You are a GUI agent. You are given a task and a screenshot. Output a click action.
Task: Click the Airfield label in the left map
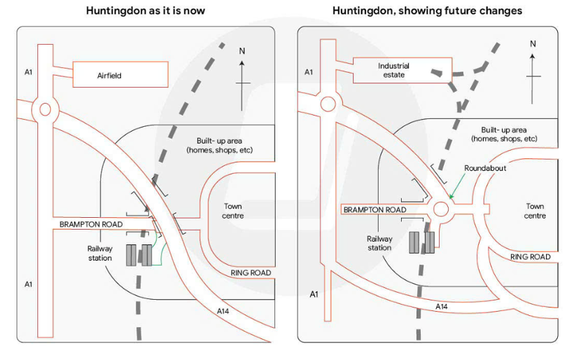109,76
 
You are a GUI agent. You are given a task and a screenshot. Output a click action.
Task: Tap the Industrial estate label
393,70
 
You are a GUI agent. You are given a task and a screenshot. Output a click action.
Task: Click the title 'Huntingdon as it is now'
146,11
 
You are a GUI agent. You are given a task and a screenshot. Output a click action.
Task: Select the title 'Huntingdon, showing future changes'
427,11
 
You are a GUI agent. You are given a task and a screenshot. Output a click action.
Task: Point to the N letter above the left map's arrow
242,51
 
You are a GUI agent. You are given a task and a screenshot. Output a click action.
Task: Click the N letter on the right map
533,43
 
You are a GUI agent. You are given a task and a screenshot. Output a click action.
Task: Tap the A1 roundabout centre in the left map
45,109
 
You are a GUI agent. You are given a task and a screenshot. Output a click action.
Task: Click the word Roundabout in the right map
485,168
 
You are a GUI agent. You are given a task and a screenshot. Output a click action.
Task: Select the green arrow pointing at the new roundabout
457,186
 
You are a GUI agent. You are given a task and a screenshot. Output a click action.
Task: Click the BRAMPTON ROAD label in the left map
91,224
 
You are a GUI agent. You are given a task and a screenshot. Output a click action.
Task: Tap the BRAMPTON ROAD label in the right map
375,210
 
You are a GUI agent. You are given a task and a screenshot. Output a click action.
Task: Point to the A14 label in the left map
223,311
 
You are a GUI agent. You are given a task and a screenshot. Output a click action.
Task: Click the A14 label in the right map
441,307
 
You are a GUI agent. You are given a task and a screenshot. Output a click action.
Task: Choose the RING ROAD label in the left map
251,273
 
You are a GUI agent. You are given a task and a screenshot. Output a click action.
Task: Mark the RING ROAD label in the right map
530,257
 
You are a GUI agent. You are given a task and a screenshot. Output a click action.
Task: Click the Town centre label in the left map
232,211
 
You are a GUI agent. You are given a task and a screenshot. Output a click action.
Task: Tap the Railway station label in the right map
379,243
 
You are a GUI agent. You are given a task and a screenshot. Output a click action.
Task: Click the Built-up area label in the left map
219,146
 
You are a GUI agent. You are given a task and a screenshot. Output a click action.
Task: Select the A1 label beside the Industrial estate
309,72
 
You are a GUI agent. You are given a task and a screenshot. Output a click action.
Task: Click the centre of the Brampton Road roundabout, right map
441,209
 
